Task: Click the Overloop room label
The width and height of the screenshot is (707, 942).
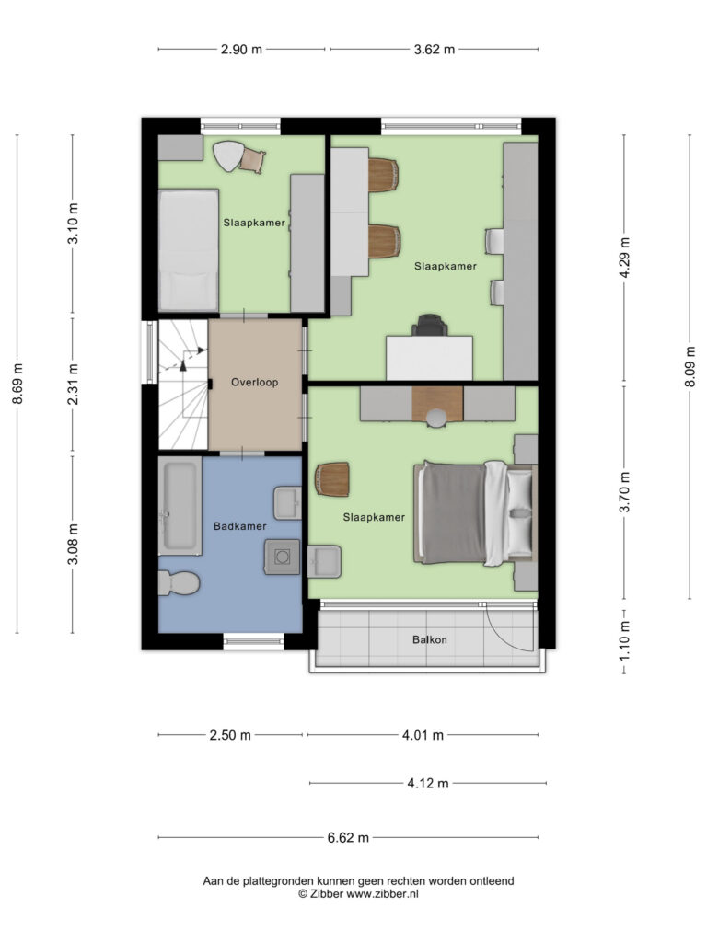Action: click(254, 382)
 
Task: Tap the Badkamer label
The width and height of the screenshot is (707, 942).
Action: click(240, 526)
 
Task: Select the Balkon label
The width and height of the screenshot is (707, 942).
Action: click(430, 640)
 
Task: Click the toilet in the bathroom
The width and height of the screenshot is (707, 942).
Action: click(179, 583)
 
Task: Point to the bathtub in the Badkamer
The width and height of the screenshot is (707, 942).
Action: click(180, 506)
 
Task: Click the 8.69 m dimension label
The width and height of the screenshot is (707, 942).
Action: click(17, 385)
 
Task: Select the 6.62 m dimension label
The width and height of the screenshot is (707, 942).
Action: click(348, 837)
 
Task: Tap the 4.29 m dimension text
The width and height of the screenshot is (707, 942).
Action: click(625, 258)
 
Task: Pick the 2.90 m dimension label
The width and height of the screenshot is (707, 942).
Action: click(241, 50)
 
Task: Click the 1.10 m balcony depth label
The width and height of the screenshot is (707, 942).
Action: click(625, 640)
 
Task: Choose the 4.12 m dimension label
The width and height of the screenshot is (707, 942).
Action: click(428, 784)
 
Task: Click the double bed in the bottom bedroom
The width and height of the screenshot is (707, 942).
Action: click(475, 513)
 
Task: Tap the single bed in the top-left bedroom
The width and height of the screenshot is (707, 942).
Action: click(188, 250)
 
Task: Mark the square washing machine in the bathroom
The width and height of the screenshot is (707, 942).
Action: click(282, 557)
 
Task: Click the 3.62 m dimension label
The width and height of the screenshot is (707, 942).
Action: click(435, 50)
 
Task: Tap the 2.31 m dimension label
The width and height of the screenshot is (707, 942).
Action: click(73, 385)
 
